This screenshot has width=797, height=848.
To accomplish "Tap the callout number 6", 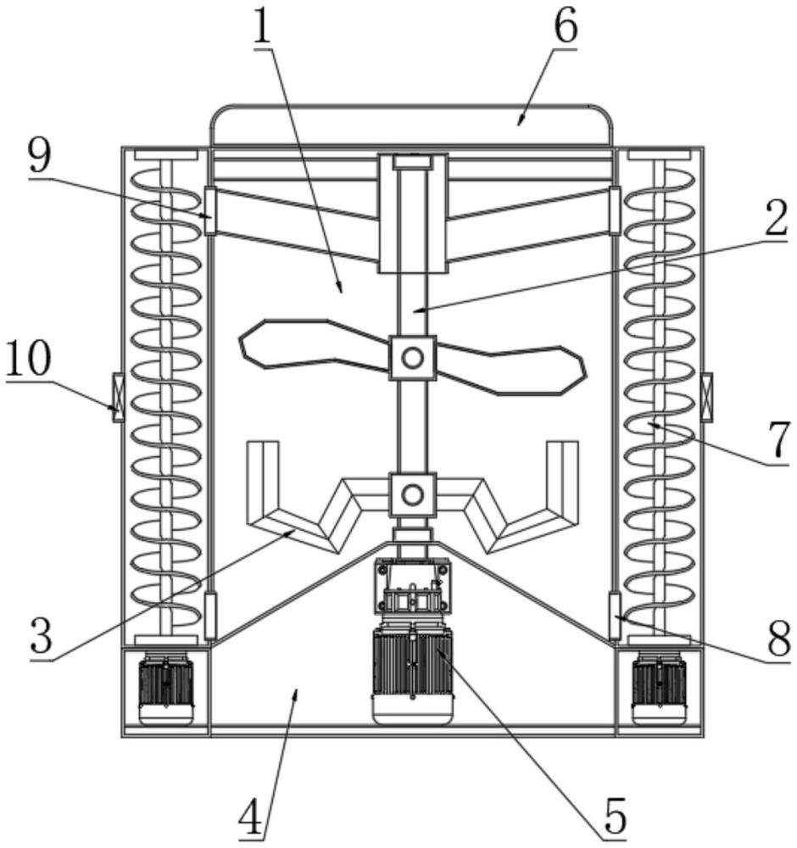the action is [x=566, y=28].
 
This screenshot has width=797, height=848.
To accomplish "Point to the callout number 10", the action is [x=28, y=358].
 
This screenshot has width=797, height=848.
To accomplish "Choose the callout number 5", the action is [x=615, y=816].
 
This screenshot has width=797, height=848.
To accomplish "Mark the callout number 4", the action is [x=250, y=817].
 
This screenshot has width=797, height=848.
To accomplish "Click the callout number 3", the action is [x=41, y=637].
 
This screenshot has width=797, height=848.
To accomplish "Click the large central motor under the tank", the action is [x=412, y=674].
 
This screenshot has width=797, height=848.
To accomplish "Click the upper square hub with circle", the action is [x=412, y=358].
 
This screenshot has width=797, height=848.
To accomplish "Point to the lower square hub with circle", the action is [x=412, y=494].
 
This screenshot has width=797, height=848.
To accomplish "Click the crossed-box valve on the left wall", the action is [x=118, y=398].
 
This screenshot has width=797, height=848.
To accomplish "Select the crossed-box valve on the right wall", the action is [x=706, y=398].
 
